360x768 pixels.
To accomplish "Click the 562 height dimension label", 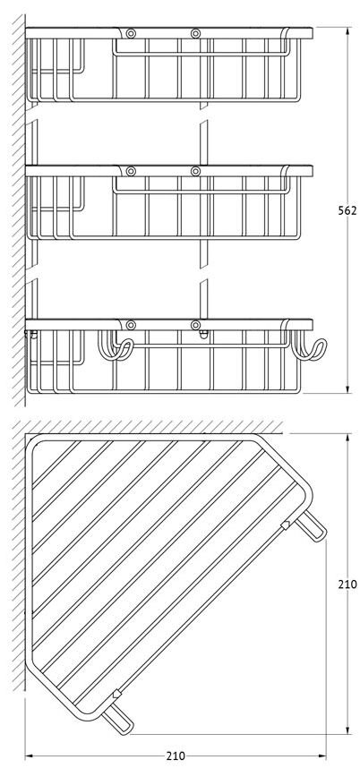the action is point(347,210).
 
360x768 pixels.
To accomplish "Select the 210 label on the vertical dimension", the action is point(347,584).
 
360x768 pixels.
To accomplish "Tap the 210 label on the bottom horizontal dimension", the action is point(176,755).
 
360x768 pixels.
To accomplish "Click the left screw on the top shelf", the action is point(131,34).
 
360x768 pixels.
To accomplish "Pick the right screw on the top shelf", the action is point(196,34).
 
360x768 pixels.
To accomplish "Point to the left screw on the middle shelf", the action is point(131,171).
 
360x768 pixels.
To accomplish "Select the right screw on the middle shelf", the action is point(196,171).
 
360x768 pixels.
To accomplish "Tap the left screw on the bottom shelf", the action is point(131,325).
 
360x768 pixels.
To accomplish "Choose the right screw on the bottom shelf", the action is point(196,325).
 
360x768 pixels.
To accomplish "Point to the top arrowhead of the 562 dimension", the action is point(347,31).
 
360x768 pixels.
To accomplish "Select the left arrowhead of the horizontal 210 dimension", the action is point(30,755).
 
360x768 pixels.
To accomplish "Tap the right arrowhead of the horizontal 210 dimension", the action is point(321,755).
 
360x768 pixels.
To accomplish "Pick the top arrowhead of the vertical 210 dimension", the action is point(347,438).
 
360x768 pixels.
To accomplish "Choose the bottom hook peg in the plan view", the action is point(117,722).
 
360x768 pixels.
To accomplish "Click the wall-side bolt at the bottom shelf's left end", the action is point(31,334).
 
